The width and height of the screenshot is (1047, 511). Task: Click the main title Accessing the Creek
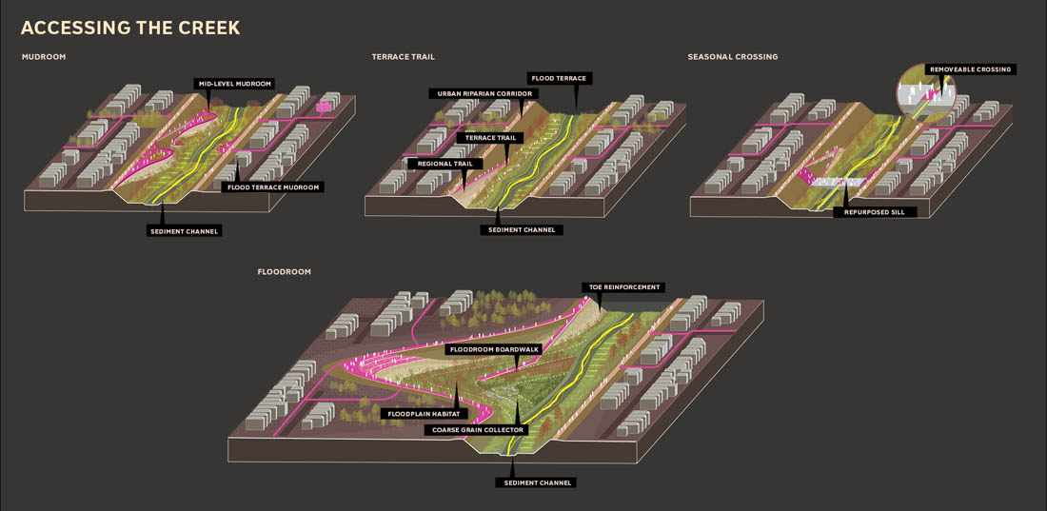tap(130, 28)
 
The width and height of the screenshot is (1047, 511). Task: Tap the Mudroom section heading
tap(44, 57)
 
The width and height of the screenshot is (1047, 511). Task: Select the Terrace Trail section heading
tap(403, 57)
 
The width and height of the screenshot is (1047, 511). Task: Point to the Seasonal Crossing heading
tap(733, 57)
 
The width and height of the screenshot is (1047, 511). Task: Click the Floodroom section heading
tap(284, 272)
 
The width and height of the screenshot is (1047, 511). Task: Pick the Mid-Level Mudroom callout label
tap(234, 84)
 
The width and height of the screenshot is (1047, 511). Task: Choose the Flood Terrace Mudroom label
tap(272, 187)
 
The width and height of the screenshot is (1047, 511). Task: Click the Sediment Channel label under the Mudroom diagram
tap(185, 231)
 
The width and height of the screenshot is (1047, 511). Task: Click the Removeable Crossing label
tap(971, 69)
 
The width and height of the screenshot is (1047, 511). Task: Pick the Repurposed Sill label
tap(875, 212)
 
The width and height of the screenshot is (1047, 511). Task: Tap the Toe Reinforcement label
tap(622, 287)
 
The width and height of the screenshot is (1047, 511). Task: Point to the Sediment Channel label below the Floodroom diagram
tap(535, 482)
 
